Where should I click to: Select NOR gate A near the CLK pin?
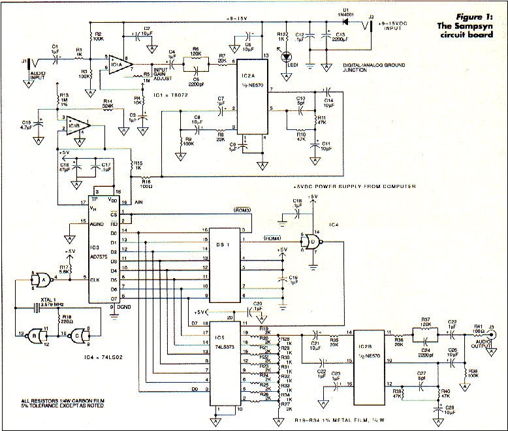[42, 279]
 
